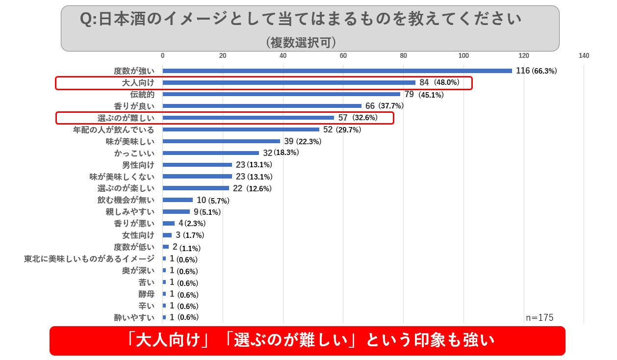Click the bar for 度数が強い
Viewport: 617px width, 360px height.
pyautogui.click(x=337, y=71)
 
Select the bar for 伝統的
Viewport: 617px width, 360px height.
pyautogui.click(x=281, y=94)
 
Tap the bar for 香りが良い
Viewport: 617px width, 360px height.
pyautogui.click(x=262, y=106)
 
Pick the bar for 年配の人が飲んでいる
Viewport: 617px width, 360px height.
pyautogui.click(x=241, y=129)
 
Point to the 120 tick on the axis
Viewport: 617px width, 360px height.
pyautogui.click(x=524, y=55)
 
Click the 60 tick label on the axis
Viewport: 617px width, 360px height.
pyautogui.click(x=343, y=55)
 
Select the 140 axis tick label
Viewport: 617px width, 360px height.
pyautogui.click(x=584, y=55)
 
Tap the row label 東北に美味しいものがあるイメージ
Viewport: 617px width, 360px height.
pyautogui.click(x=89, y=259)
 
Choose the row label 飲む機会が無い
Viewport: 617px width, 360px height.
pyautogui.click(x=126, y=200)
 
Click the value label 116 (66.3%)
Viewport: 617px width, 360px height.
pyautogui.click(x=536, y=71)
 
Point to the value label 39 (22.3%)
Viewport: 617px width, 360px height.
pyautogui.click(x=303, y=142)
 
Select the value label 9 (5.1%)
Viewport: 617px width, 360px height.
pyautogui.click(x=207, y=212)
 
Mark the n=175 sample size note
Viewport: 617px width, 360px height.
pyautogui.click(x=540, y=318)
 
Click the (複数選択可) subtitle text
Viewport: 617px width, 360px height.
pyautogui.click(x=301, y=42)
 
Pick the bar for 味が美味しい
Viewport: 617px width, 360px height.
pyautogui.click(x=221, y=141)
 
